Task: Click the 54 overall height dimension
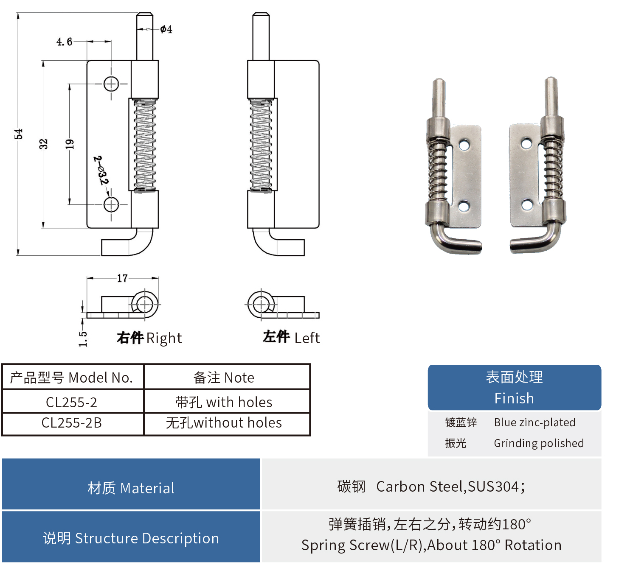pyautogui.click(x=18, y=134)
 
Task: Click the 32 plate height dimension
pyautogui.click(x=43, y=144)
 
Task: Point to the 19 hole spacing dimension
pyautogui.click(x=70, y=144)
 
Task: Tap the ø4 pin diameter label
pyautogui.click(x=166, y=29)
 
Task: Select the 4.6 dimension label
pyautogui.click(x=64, y=42)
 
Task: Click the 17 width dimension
pyautogui.click(x=122, y=278)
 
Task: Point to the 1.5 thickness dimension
pyautogui.click(x=83, y=339)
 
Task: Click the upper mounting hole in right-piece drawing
pyautogui.click(x=111, y=84)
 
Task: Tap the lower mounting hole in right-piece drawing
pyautogui.click(x=111, y=204)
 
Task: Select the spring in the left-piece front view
pyautogui.click(x=261, y=145)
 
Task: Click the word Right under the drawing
pyautogui.click(x=164, y=338)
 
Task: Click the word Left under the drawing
pyautogui.click(x=307, y=338)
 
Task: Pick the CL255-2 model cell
pyautogui.click(x=71, y=402)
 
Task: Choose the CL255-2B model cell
pyautogui.click(x=71, y=423)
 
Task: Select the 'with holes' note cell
pyautogui.click(x=224, y=402)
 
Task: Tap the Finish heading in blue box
pyautogui.click(x=514, y=398)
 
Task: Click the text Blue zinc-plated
pyautogui.click(x=534, y=422)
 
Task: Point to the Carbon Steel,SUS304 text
pyautogui.click(x=450, y=487)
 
